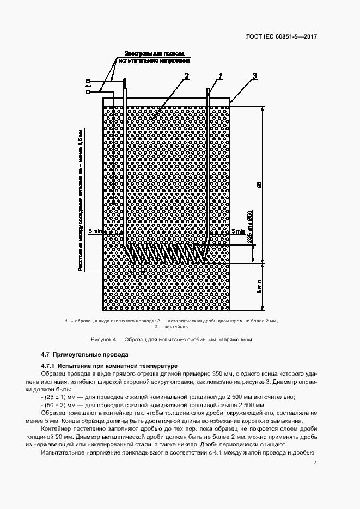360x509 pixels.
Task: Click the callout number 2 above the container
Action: (186, 76)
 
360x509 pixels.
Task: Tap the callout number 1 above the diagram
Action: (221, 76)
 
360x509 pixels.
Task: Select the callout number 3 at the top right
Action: (255, 76)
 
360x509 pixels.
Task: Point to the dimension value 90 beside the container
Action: (259, 185)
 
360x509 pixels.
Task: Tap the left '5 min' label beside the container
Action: (94, 231)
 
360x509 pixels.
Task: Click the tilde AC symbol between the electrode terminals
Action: (88, 85)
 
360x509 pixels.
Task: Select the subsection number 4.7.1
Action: (48, 365)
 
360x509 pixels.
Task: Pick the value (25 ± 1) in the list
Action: (53, 397)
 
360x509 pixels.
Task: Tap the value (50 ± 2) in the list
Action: (53, 406)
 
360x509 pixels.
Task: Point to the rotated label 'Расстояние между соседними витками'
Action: (80, 240)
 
